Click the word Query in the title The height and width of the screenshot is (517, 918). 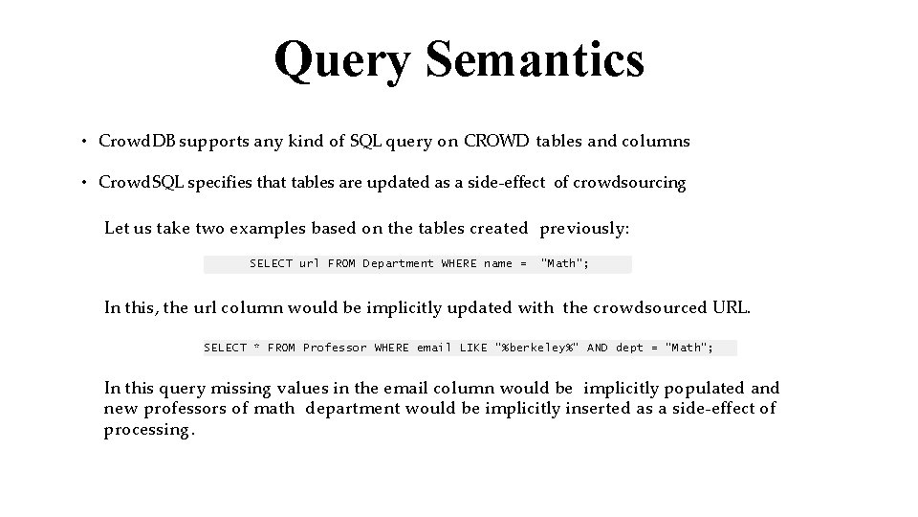click(x=343, y=60)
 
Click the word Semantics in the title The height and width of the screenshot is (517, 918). click(x=535, y=60)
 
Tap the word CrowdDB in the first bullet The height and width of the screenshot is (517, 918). click(x=135, y=142)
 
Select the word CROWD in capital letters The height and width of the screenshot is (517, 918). click(x=496, y=142)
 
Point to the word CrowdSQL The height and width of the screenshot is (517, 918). click(x=138, y=183)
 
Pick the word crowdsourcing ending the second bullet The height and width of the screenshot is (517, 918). click(x=629, y=183)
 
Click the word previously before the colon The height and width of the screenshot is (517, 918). click(x=582, y=229)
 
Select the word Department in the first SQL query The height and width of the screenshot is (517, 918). click(x=398, y=263)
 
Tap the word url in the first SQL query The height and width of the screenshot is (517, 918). click(x=309, y=263)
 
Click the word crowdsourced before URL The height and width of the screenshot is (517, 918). click(x=650, y=307)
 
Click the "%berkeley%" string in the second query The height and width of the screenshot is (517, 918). click(x=537, y=348)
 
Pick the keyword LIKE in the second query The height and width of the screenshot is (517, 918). click(x=473, y=348)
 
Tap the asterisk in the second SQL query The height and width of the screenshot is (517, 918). click(x=256, y=348)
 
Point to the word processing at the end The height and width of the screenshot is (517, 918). click(x=147, y=430)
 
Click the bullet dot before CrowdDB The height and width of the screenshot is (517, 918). click(x=85, y=143)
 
